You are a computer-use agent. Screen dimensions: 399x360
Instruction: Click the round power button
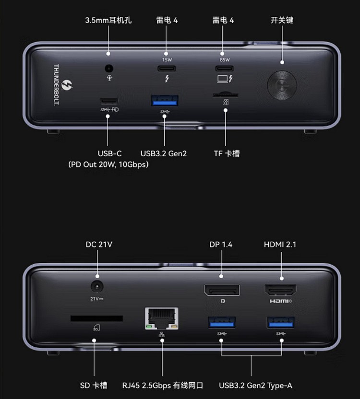[282, 86]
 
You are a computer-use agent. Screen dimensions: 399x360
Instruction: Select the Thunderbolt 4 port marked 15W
[166, 67]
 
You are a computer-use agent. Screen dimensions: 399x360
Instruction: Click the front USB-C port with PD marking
[109, 101]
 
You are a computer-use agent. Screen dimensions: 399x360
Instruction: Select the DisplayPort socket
[221, 290]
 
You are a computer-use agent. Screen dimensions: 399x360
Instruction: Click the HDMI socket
[281, 290]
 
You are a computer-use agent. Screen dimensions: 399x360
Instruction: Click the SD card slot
[96, 318]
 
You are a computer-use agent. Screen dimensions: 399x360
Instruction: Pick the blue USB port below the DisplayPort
[221, 322]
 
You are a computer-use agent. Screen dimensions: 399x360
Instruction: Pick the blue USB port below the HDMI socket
[281, 322]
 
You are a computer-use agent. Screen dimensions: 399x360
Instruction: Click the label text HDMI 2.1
[280, 245]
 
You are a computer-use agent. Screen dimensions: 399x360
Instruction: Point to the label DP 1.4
[221, 245]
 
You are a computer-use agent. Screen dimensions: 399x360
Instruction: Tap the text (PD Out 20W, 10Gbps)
[109, 164]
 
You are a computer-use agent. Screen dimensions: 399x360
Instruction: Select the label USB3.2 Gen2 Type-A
[255, 386]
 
